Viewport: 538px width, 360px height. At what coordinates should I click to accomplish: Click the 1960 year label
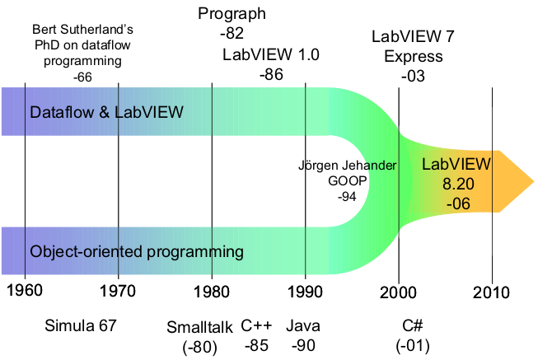25,290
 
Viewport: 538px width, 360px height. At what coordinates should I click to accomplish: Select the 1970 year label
118,292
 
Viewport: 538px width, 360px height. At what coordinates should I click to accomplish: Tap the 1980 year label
212,292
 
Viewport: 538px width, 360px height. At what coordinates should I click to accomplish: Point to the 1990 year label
305,292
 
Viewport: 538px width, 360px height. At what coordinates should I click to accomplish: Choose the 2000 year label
398,292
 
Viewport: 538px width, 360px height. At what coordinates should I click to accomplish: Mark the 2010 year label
491,292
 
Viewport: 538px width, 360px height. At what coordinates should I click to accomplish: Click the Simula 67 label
81,325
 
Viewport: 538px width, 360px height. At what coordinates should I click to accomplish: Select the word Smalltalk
199,327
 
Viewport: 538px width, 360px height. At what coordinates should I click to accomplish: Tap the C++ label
256,325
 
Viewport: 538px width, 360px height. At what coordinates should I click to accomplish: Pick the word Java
303,325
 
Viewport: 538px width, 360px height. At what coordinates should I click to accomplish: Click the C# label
413,325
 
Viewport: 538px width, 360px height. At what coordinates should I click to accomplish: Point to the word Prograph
232,14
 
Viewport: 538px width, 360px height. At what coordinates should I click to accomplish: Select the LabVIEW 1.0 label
271,54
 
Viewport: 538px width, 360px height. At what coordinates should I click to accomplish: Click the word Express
414,57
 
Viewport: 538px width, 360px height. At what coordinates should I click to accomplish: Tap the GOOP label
347,180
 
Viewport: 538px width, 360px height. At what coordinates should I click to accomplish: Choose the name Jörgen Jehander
347,166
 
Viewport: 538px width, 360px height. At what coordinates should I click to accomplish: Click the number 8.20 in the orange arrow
458,184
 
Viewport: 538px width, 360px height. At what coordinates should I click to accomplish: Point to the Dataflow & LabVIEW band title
107,112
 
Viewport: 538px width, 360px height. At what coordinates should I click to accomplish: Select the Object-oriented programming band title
137,252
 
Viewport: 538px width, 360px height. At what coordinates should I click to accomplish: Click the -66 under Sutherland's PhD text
82,77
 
